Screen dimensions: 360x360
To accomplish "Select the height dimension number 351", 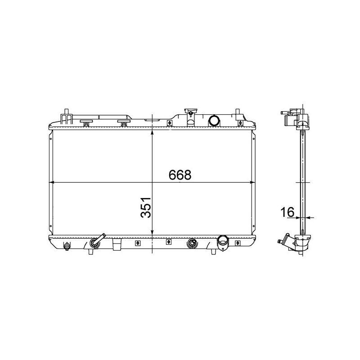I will [145, 208].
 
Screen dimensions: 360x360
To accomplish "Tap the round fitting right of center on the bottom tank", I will [192, 243].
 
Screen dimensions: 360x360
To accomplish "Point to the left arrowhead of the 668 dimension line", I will [51, 183].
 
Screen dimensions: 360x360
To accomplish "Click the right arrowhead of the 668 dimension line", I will [252, 183].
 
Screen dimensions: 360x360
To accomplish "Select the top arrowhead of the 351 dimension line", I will [153, 132].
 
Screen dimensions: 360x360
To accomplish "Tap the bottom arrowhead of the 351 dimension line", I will [153, 233].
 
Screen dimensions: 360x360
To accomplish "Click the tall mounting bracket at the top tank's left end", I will [66, 116].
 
